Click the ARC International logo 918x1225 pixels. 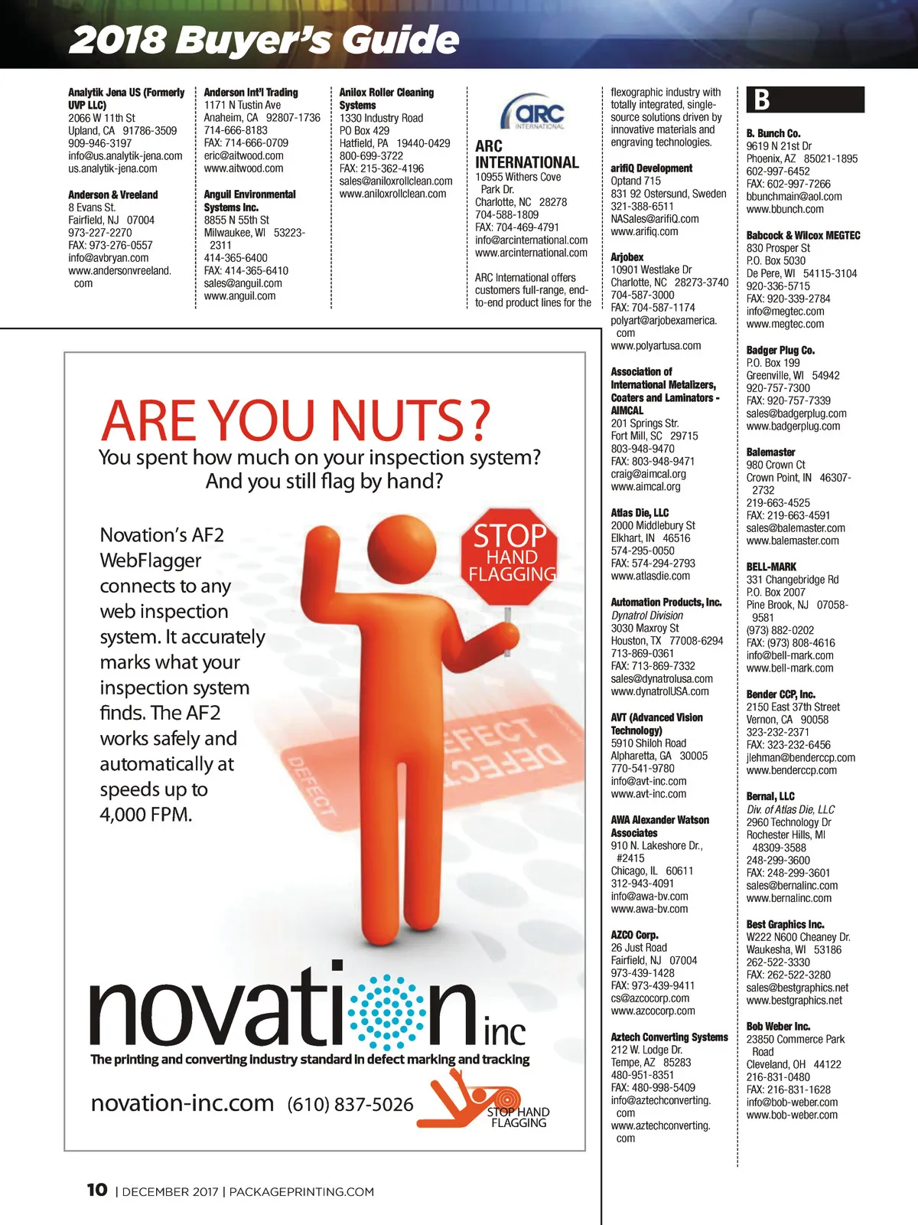point(532,112)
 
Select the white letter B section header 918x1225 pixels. point(762,100)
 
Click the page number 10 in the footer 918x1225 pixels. point(96,1190)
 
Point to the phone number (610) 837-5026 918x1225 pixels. point(350,1104)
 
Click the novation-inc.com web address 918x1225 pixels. point(182,1103)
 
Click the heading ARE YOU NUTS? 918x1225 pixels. point(295,420)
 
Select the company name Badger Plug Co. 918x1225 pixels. point(780,350)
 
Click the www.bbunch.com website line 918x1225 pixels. point(785,209)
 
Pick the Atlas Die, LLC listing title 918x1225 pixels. point(640,512)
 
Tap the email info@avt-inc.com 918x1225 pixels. point(649,781)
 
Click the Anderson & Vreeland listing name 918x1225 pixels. point(112,194)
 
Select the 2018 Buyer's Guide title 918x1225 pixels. point(264,39)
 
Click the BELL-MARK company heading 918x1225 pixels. point(771,567)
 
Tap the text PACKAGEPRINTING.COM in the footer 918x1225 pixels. point(301,1191)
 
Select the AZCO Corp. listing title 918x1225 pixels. point(634,935)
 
